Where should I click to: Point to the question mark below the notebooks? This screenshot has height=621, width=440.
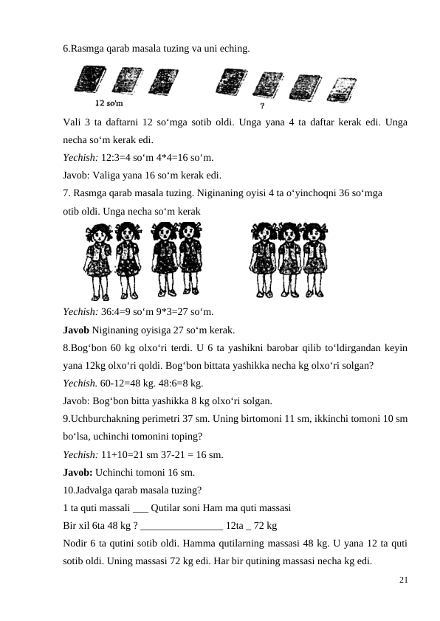[264, 105]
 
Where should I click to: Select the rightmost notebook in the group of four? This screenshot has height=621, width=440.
[343, 88]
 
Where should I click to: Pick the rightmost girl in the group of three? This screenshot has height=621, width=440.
[316, 258]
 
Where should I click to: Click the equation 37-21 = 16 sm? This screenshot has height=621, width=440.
[196, 454]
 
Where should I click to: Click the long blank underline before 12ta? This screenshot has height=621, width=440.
[181, 526]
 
